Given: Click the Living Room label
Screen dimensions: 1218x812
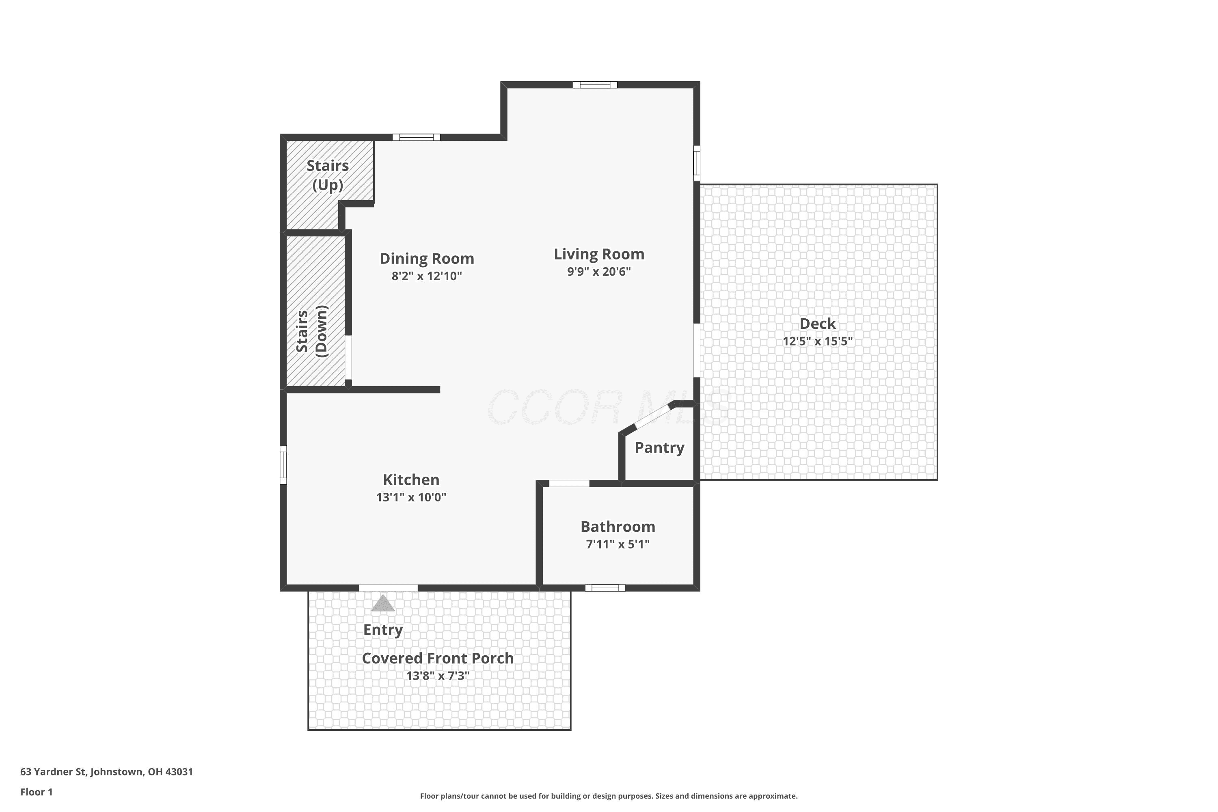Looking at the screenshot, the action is click(x=599, y=254).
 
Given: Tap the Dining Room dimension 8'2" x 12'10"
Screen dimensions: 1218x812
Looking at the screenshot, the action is click(x=427, y=276).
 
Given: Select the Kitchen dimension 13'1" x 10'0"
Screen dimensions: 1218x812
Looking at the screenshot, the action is click(x=411, y=497).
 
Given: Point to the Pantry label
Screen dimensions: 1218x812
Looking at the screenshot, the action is click(x=660, y=447).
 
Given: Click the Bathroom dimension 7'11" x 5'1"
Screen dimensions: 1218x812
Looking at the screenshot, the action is click(x=618, y=544).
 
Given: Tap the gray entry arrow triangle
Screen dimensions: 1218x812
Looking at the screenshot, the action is click(x=383, y=603).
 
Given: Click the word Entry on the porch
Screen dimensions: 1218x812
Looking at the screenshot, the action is click(x=383, y=630).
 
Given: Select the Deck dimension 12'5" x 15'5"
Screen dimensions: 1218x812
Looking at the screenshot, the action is click(x=818, y=341).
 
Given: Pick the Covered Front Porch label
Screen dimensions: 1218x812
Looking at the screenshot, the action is click(x=438, y=658).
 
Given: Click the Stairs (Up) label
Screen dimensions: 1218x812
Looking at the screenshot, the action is click(x=328, y=175).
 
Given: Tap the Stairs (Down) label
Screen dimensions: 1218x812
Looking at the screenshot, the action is click(x=312, y=331).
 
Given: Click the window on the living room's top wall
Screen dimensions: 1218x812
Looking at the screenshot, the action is click(x=595, y=85).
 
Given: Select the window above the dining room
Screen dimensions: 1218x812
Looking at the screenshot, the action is click(x=417, y=137).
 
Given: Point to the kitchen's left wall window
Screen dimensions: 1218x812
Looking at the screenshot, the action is click(x=283, y=465).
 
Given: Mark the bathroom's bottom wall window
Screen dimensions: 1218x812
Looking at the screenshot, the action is click(x=605, y=588).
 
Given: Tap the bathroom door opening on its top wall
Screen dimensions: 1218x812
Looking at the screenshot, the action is click(x=569, y=484).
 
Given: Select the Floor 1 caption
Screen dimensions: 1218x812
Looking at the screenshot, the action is click(x=36, y=792).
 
